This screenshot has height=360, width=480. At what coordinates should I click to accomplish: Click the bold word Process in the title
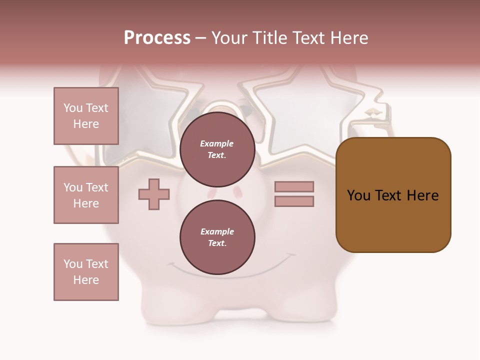[157, 38]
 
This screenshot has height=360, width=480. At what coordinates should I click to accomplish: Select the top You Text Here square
[86, 116]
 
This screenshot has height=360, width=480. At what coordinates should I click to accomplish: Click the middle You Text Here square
[86, 195]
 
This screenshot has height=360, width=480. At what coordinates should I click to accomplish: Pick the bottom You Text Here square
[86, 272]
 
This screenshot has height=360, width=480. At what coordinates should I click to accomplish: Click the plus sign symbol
[154, 194]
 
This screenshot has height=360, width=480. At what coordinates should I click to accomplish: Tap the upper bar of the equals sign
[294, 186]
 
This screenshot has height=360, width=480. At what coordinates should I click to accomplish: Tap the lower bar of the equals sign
[294, 201]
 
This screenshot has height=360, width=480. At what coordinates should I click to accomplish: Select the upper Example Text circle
[217, 149]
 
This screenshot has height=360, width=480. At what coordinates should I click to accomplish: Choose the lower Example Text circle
[217, 237]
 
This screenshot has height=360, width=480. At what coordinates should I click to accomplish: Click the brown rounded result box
[393, 220]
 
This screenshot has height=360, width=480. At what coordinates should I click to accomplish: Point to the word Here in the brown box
[423, 195]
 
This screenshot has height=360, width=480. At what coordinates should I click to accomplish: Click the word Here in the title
[349, 38]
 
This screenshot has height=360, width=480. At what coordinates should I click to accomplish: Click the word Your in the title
[230, 38]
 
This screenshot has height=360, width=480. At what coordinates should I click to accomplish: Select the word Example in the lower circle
[217, 231]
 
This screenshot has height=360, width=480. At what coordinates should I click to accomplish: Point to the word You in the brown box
[358, 195]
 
